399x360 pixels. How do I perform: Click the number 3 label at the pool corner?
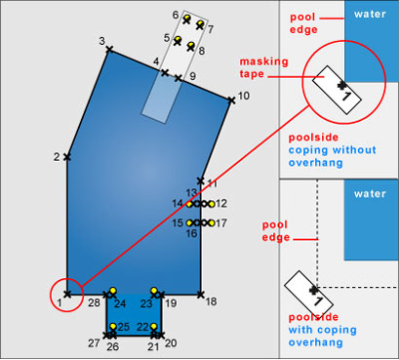[102, 41]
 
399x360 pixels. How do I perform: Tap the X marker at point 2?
[67, 157]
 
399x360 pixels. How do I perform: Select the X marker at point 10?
[231, 100]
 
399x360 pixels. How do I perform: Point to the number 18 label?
[211, 301]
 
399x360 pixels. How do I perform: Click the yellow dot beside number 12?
[212, 204]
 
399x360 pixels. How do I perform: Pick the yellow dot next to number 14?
[189, 204]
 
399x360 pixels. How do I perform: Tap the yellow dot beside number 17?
[212, 223]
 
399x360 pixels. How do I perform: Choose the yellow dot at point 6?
[186, 18]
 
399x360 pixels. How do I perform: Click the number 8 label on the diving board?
[202, 51]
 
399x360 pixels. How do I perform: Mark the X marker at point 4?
[165, 72]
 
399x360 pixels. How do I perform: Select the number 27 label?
[94, 342]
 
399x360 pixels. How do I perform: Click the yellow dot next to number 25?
[113, 326]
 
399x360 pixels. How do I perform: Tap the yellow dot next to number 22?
[154, 326]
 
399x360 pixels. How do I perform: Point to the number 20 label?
[171, 342]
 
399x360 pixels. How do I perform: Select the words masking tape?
[263, 67]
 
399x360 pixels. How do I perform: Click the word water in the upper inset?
[370, 14]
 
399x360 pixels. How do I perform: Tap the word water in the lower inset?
[370, 194]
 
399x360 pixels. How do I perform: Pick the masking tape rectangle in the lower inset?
[308, 294]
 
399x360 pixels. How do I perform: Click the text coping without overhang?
[333, 156]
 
